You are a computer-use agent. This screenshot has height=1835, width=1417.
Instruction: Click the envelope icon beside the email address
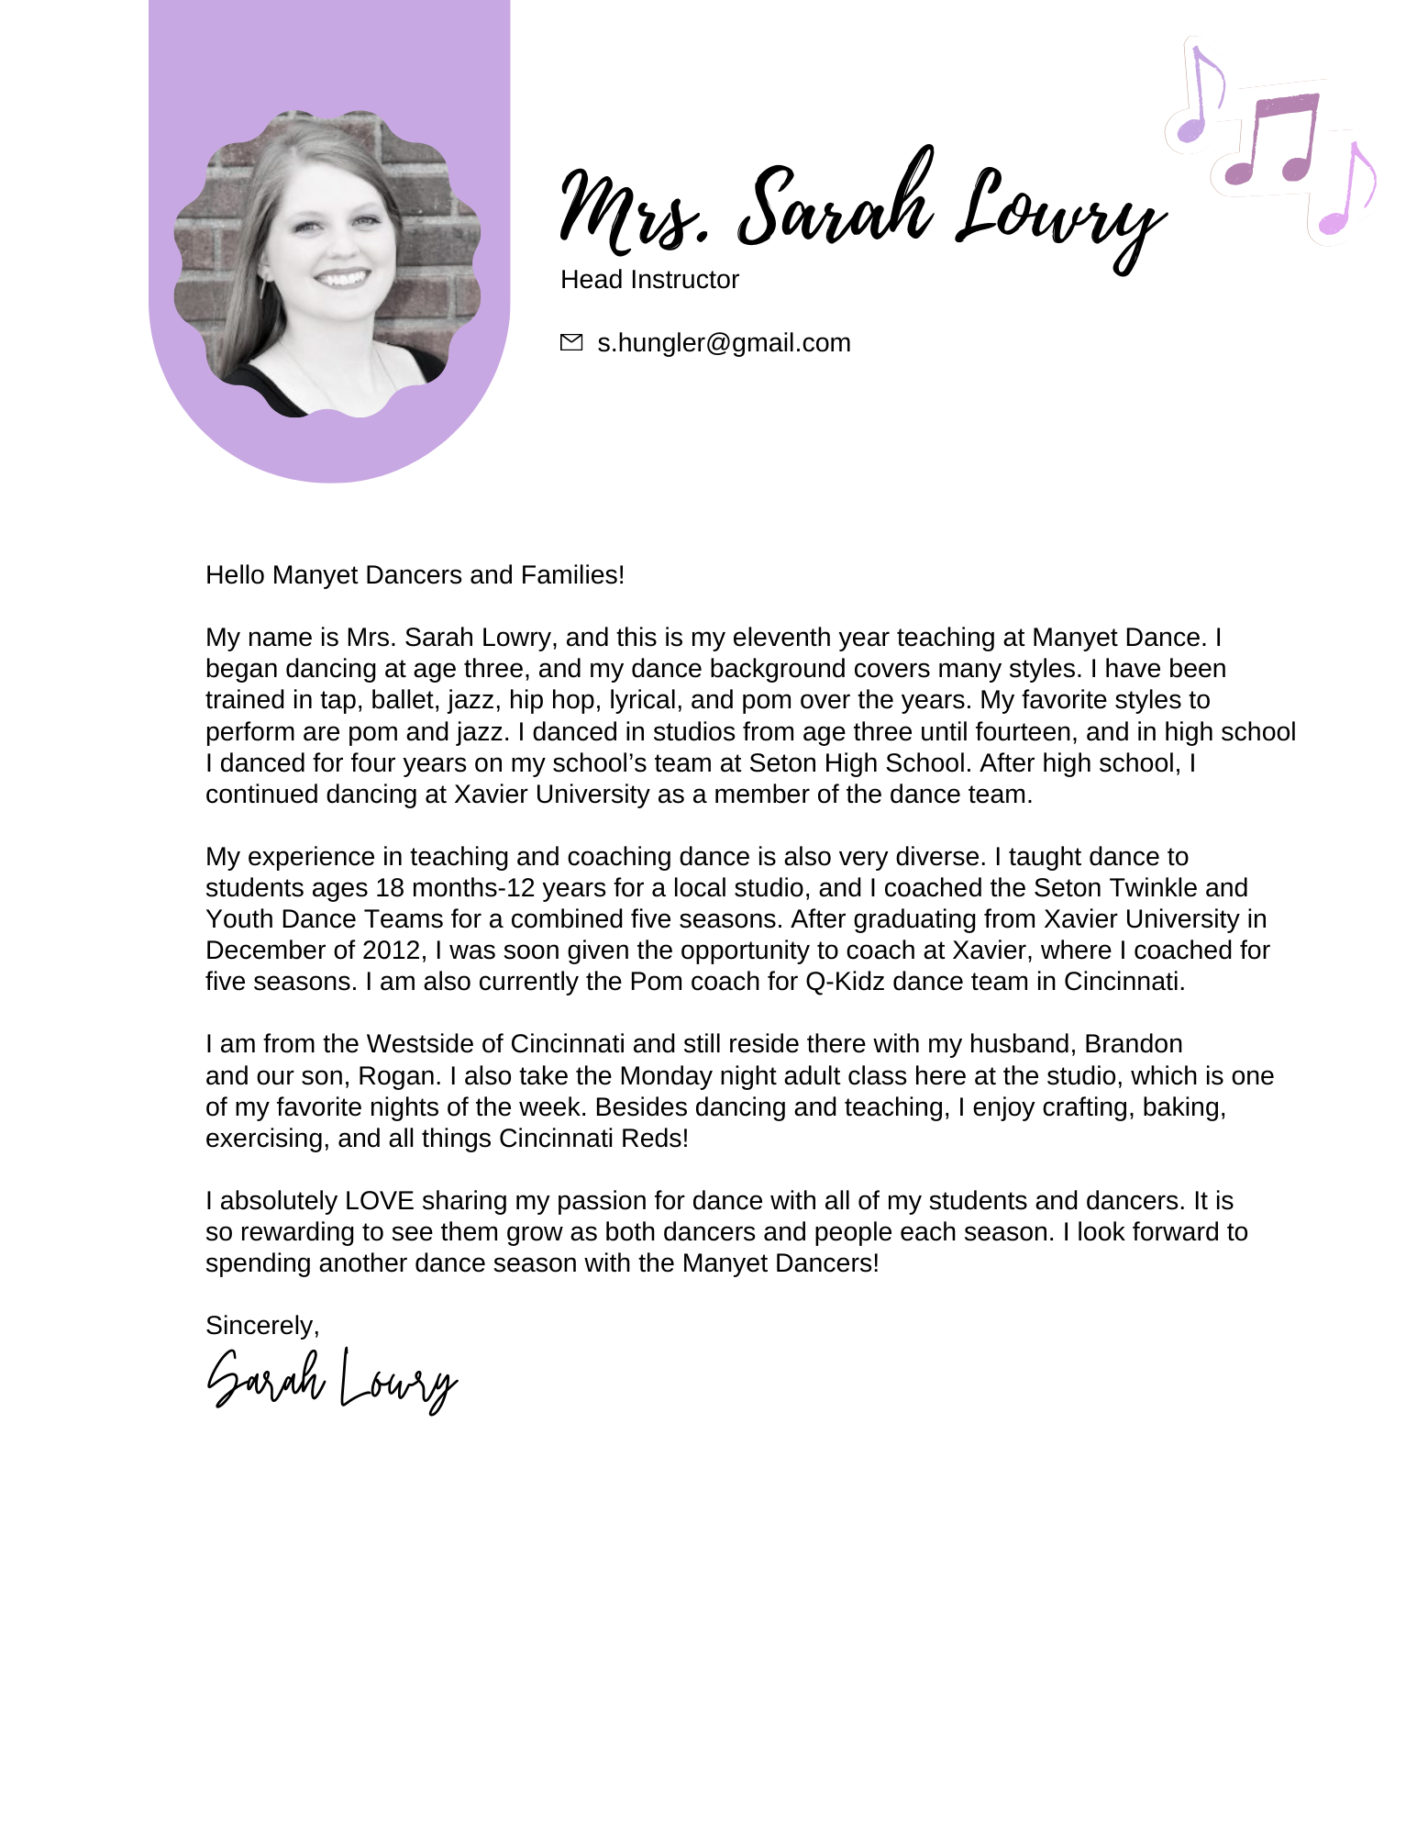point(570,342)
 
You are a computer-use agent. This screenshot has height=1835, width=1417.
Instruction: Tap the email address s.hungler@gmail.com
point(724,342)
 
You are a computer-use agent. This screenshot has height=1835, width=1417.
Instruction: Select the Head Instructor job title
point(649,279)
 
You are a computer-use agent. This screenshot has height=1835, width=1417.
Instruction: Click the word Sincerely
point(261,1325)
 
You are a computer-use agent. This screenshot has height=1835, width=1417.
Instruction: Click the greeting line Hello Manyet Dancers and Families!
point(415,574)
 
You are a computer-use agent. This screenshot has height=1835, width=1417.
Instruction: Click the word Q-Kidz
point(845,981)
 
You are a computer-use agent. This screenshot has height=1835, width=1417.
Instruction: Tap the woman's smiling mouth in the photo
point(341,277)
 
